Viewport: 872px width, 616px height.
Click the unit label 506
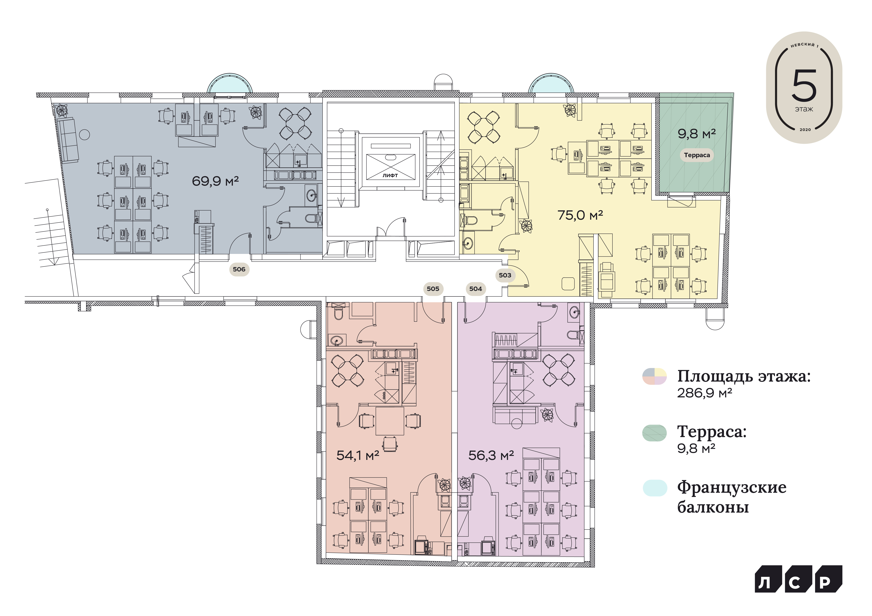(239, 269)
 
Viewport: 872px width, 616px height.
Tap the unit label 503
(505, 275)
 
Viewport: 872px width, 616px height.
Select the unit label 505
(433, 289)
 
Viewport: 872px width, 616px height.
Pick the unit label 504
(475, 289)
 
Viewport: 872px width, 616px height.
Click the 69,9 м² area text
(215, 181)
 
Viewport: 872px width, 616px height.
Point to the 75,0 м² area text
(580, 215)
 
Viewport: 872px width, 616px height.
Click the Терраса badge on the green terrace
(697, 155)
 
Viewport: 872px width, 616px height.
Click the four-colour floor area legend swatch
(654, 376)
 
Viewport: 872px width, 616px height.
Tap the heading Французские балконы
(731, 497)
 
